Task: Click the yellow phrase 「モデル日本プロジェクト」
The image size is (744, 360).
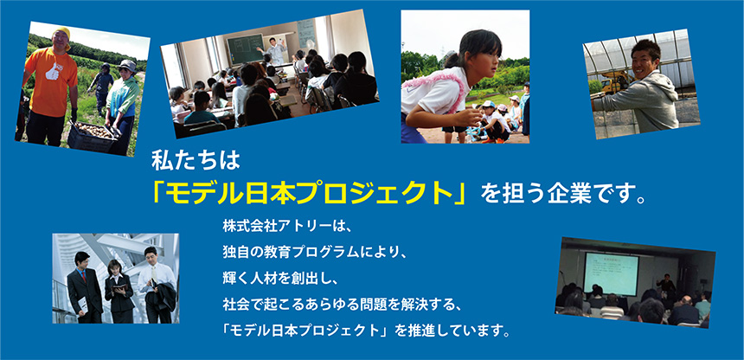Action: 309,193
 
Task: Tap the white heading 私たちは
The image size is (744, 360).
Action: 196,161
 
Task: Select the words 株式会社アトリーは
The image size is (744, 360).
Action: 285,226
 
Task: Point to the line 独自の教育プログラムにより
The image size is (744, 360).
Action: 315,252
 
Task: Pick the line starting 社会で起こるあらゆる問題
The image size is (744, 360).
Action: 340,304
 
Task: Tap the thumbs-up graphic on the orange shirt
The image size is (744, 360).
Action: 52,71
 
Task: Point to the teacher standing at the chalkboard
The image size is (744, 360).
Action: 276,51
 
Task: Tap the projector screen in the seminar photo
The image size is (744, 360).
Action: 611,274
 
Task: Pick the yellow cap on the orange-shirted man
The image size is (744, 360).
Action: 62,33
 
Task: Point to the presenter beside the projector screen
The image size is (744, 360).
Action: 665,284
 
